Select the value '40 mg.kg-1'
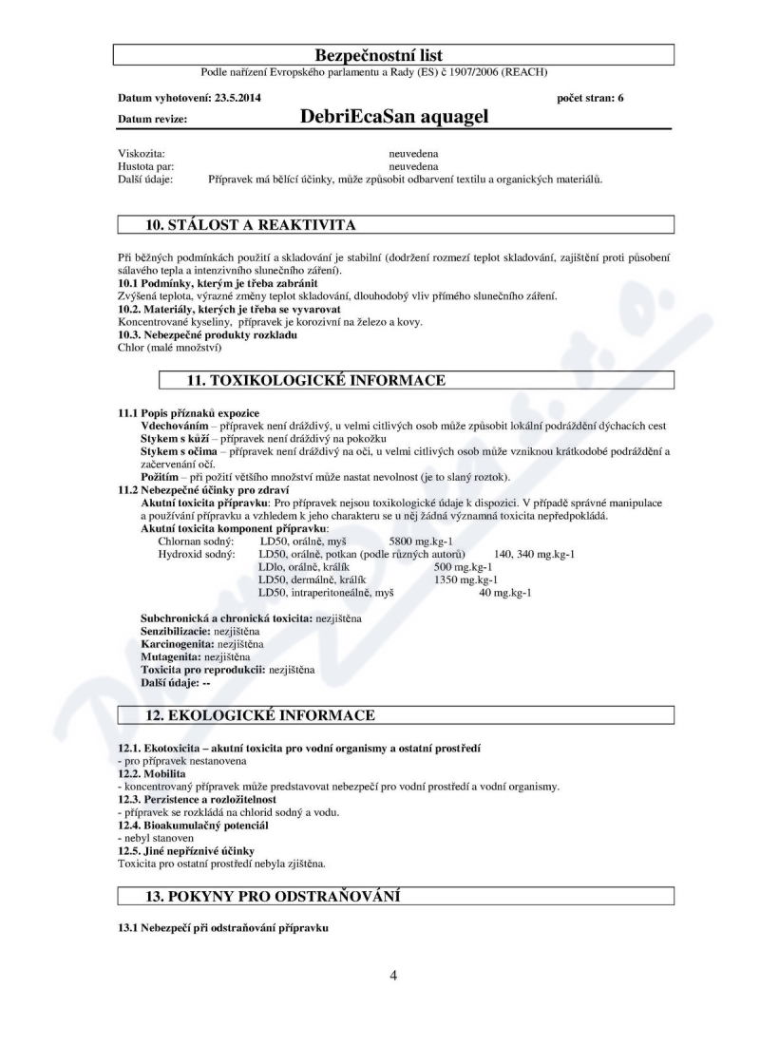504,592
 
